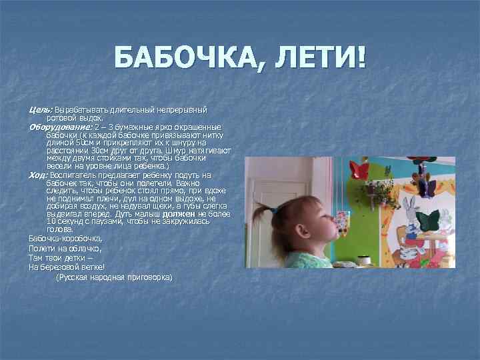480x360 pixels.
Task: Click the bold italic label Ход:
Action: [x=39, y=175]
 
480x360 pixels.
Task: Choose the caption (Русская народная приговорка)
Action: [x=114, y=276]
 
